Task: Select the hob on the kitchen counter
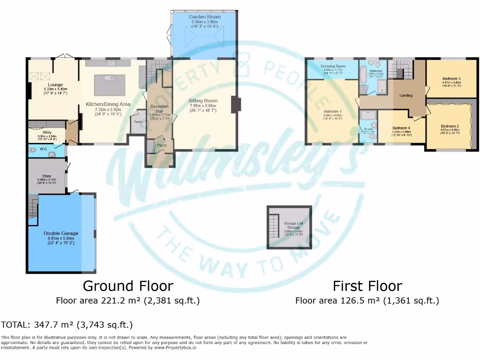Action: click(x=111, y=63)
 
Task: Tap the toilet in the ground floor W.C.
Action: click(x=32, y=150)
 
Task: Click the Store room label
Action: click(x=46, y=176)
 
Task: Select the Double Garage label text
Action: click(x=61, y=233)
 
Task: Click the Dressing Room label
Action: click(x=333, y=66)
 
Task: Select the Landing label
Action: click(x=405, y=96)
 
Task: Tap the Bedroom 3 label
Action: click(x=451, y=79)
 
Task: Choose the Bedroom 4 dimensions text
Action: click(x=401, y=132)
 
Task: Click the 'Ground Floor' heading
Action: click(x=127, y=285)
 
